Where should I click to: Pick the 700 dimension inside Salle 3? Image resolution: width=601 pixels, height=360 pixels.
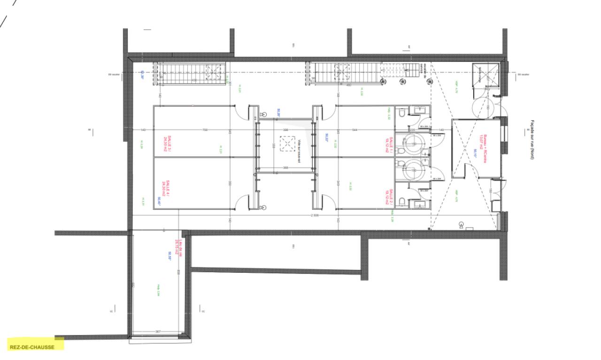pyautogui.click(x=205, y=130)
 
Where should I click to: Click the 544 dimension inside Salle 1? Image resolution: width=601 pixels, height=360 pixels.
pyautogui.click(x=354, y=130)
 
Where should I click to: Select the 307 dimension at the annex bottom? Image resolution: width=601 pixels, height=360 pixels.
pyautogui.click(x=158, y=332)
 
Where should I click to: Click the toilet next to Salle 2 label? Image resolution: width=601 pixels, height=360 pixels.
pyautogui.click(x=401, y=202)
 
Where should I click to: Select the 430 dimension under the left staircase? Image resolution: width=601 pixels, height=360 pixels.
pyautogui.click(x=193, y=80)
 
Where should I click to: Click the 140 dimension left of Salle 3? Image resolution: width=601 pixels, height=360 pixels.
pyautogui.click(x=143, y=130)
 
